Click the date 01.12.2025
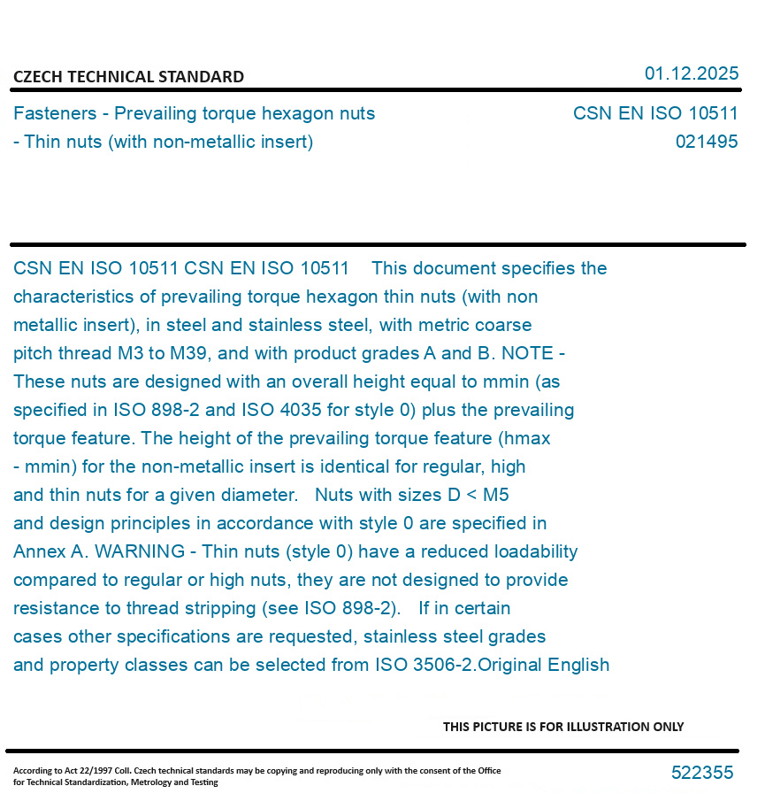point(691,73)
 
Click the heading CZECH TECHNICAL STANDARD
point(128,77)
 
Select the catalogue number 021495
point(706,142)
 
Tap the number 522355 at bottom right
point(702,773)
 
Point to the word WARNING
point(141,551)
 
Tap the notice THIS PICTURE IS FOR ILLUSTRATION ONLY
point(563,727)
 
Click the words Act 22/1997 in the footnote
point(80,771)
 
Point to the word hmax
point(529,438)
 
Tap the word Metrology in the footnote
point(153,782)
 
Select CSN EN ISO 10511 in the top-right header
point(654,113)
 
